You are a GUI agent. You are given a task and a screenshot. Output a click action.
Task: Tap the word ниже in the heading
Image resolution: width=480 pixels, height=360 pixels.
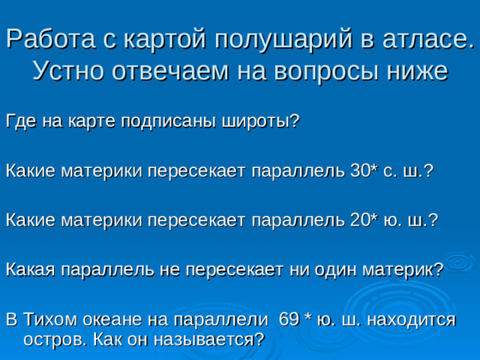click(415, 72)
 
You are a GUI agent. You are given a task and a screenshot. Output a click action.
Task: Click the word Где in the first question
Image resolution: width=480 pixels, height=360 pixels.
click(20, 121)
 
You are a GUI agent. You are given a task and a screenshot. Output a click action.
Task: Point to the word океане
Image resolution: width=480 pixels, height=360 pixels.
click(120, 319)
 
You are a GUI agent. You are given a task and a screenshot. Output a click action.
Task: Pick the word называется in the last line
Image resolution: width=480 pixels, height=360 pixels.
click(210, 339)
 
